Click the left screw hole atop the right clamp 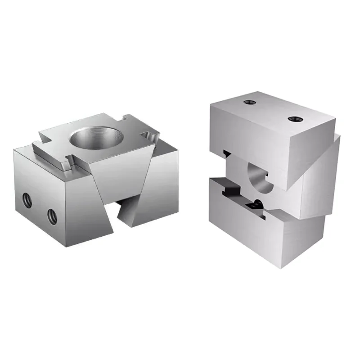pos(249,102)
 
